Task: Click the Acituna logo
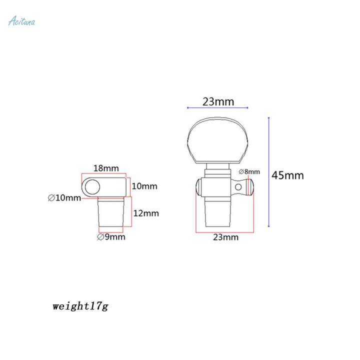22,21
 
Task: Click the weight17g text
80,306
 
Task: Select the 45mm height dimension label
287,175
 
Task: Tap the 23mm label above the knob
218,101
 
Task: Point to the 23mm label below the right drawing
225,237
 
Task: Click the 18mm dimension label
106,168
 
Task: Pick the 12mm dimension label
146,213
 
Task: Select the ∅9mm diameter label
111,236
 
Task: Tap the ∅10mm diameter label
64,197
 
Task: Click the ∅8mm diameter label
249,171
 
